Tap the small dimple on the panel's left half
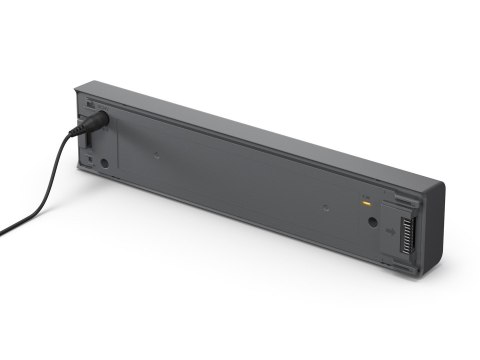[156, 154]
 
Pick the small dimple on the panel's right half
[327, 209]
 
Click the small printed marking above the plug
[90, 104]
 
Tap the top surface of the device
[270, 135]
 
